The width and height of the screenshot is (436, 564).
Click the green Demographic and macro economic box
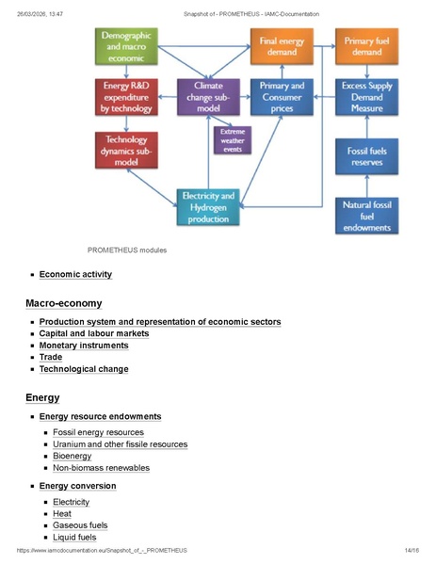(x=131, y=46)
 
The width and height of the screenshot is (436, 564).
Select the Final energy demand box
(x=282, y=46)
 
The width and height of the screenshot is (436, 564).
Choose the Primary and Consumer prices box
(x=282, y=96)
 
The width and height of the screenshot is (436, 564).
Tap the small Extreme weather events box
(x=232, y=140)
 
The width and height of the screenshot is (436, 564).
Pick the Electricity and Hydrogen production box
(x=208, y=207)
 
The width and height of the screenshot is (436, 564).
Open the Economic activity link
(x=75, y=275)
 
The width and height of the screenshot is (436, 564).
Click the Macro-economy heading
(x=64, y=303)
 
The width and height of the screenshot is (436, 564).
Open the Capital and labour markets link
(x=93, y=333)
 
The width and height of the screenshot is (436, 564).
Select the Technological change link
(x=83, y=369)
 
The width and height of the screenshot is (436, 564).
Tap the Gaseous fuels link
(x=80, y=525)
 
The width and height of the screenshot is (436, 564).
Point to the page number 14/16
(x=411, y=550)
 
